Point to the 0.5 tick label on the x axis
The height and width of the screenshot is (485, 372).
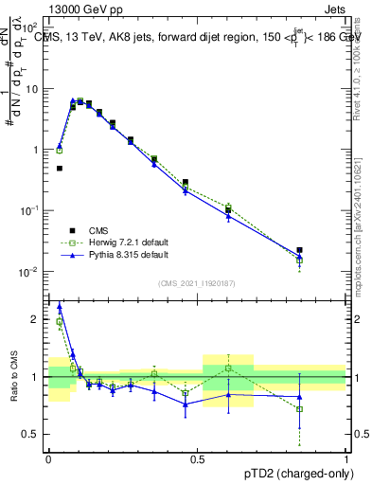click(197, 458)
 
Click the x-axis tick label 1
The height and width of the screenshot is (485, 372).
click(346, 458)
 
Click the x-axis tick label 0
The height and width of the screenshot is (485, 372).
click(48, 458)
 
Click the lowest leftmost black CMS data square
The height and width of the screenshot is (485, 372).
click(60, 169)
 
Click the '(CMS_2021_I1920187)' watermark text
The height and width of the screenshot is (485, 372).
click(197, 281)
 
